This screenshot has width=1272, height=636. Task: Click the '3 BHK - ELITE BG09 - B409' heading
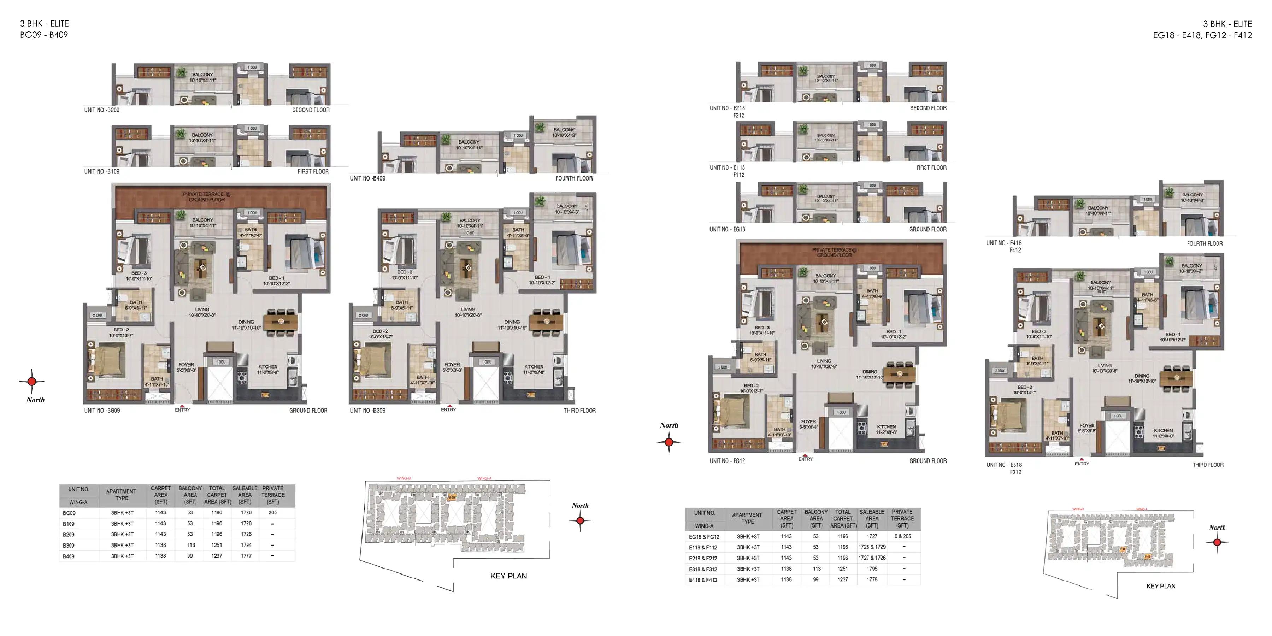(44, 29)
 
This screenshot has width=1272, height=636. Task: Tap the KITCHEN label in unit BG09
(267, 367)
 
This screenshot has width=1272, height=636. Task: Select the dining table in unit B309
(546, 322)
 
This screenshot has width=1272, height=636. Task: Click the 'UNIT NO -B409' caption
(368, 178)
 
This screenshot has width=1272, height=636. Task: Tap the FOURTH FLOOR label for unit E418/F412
(1205, 243)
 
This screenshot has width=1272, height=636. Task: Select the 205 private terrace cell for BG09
(272, 513)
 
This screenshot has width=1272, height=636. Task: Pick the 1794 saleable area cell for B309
(246, 545)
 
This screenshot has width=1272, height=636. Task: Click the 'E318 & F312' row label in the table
(703, 569)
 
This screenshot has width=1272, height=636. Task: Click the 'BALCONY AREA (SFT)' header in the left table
(190, 495)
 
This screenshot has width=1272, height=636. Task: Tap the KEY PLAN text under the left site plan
(508, 576)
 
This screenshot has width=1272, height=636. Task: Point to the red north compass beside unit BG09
(31, 381)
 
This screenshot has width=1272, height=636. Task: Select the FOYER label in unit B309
(452, 364)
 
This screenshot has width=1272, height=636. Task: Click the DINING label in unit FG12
(870, 372)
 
